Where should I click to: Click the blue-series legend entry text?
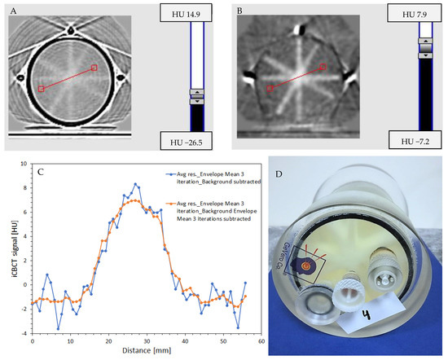pyautogui.click(x=217, y=178)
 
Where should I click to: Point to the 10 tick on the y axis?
pyautogui.click(x=24, y=164)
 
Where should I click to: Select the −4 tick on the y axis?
pyautogui.click(x=24, y=333)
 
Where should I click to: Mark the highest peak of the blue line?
pyautogui.click(x=137, y=184)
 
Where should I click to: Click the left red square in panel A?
pyautogui.click(x=41, y=89)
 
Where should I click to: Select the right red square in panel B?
pyautogui.click(x=323, y=67)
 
